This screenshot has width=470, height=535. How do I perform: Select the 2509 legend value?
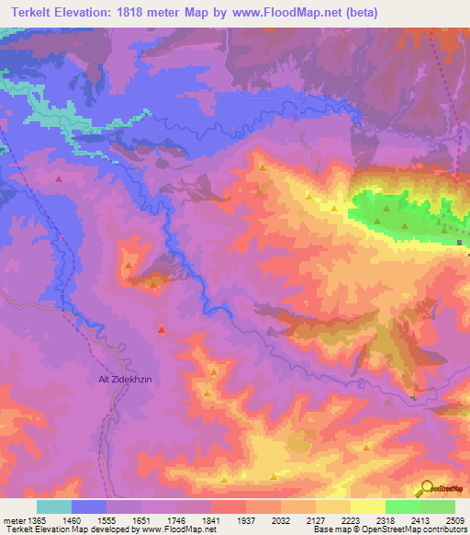coord(455,519)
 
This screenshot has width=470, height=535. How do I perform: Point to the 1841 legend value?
coord(211,519)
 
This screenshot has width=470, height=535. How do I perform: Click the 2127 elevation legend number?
coord(316,519)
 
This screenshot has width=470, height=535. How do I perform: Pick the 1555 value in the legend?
coord(106,519)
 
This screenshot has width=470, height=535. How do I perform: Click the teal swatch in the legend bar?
coord(54,507)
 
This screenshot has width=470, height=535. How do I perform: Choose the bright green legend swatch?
coord(403,507)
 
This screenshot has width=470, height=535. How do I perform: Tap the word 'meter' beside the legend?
coord(14,519)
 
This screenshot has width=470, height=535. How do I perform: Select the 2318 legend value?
coord(386,519)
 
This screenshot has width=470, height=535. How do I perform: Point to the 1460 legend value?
coord(72,519)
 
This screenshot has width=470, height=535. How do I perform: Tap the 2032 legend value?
coord(281,519)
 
